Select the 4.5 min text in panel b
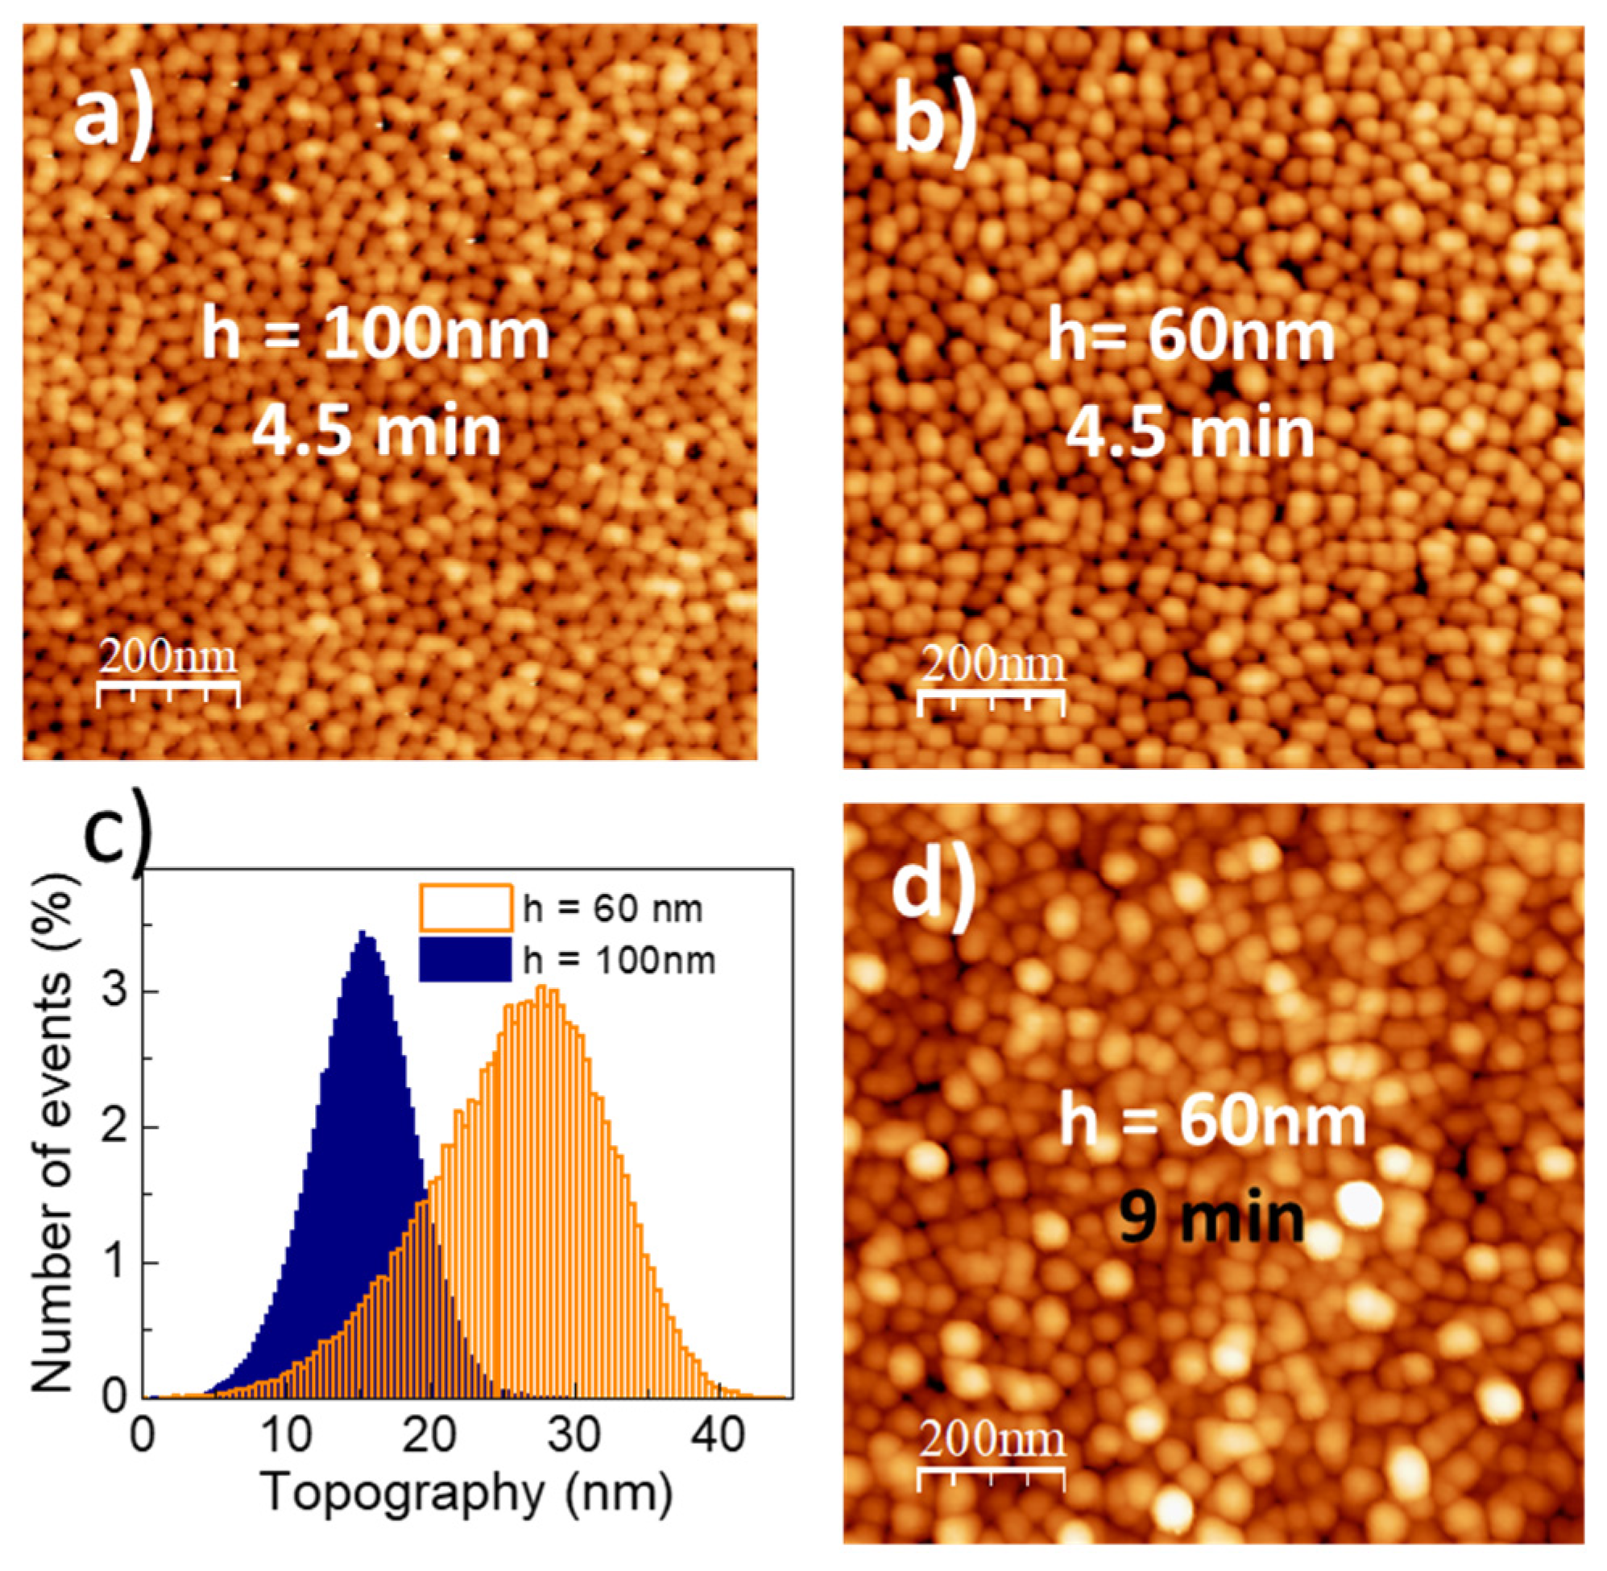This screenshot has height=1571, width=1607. point(1190,432)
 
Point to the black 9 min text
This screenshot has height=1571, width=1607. point(1211,1218)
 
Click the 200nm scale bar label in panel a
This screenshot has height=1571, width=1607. point(168,658)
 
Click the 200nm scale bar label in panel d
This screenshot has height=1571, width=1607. point(992,1440)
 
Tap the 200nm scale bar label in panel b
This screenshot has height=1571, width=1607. point(992,665)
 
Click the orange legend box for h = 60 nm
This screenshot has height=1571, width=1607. point(466,907)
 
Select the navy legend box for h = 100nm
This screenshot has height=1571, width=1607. point(466,960)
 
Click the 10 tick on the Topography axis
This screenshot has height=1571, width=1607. point(286,1437)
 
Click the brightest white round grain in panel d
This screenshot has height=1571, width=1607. point(1361,1205)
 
